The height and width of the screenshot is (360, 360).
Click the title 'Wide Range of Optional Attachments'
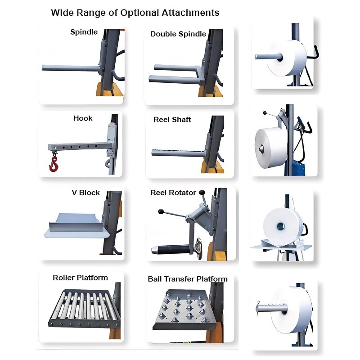point(135,13)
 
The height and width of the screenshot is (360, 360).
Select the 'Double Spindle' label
point(178,34)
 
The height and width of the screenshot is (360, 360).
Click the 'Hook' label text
point(83,118)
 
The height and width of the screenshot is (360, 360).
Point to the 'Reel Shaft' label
point(172,120)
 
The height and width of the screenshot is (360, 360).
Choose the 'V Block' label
point(85,193)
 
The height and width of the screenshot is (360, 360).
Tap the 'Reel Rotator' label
point(173,193)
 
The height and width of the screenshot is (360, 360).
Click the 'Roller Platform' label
point(80,278)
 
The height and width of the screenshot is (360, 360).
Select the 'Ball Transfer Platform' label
point(188,279)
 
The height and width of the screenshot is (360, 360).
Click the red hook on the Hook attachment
point(54,165)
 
